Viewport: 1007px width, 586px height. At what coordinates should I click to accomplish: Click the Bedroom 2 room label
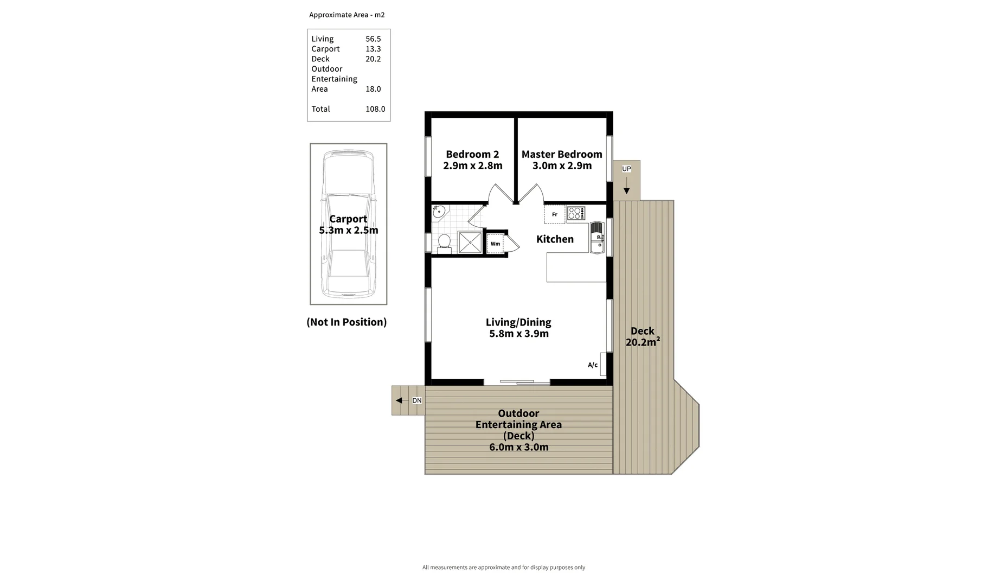472,154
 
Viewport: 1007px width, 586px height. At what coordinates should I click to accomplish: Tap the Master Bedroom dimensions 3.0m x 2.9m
562,165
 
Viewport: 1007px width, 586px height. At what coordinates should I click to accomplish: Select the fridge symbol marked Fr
555,214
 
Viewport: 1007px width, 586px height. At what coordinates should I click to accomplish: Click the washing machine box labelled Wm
496,244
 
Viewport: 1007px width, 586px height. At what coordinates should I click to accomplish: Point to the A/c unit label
593,365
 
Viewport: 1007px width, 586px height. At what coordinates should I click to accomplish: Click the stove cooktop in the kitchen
576,213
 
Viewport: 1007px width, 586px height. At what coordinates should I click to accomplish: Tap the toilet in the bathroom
444,243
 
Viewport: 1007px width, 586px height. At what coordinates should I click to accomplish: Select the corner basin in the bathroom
439,212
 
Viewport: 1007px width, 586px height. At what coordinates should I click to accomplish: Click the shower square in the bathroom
470,243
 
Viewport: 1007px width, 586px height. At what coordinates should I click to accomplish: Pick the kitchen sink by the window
596,237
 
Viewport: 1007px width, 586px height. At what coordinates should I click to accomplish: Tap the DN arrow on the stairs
400,400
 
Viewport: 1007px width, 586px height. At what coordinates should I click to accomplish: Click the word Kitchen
555,239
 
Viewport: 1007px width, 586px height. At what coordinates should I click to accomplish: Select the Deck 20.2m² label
643,336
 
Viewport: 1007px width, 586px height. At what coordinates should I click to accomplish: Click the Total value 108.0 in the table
375,109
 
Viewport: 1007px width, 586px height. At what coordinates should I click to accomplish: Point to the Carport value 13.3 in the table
373,49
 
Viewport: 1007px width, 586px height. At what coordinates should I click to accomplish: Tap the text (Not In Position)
347,322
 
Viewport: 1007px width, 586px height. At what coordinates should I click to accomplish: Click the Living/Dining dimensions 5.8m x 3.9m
519,334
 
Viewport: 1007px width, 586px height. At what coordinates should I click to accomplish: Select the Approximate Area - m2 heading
347,15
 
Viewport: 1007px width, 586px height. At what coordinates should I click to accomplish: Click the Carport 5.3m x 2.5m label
348,224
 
